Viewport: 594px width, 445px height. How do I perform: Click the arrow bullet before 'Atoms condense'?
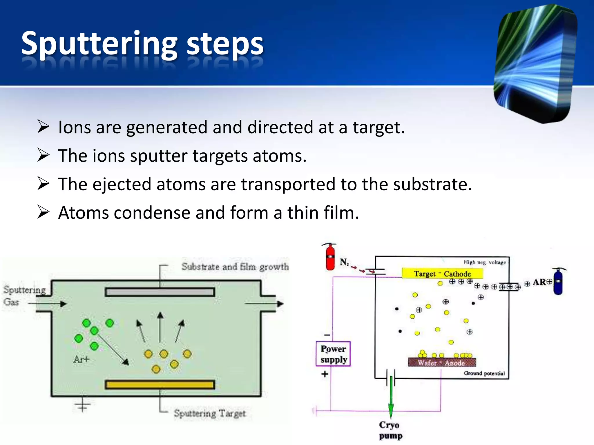(44, 212)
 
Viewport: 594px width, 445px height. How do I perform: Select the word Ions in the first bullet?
(75, 127)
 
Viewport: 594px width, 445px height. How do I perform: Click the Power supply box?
(333, 354)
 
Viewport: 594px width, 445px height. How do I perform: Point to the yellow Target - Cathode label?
(442, 273)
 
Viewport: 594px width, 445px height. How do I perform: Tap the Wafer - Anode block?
(442, 363)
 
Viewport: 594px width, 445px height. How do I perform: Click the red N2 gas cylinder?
(330, 257)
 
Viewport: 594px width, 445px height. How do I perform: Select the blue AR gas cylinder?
(558, 282)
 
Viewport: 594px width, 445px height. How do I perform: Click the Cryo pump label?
(390, 430)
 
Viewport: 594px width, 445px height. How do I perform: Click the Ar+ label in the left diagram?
(82, 360)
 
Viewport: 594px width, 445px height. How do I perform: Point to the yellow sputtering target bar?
(160, 385)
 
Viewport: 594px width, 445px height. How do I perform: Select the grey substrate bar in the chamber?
(160, 292)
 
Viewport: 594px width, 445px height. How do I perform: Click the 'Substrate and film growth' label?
(235, 267)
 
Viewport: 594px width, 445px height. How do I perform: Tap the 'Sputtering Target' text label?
(210, 413)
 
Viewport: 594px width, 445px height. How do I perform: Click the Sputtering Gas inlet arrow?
(48, 304)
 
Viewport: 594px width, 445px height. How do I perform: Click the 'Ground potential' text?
(484, 373)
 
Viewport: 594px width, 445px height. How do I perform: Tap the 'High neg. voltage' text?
(485, 262)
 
